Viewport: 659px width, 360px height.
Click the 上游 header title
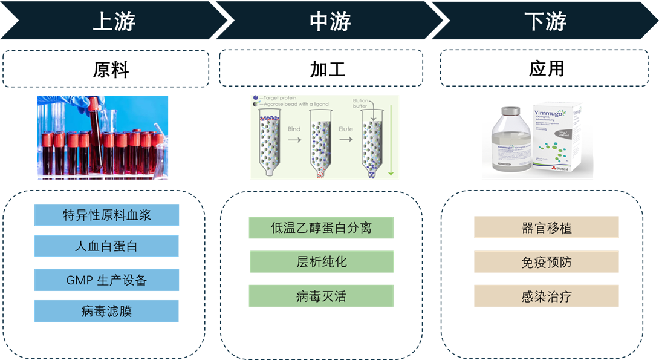pyautogui.click(x=114, y=21)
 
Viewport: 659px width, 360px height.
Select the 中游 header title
pyautogui.click(x=330, y=21)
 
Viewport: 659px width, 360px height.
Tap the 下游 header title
pyautogui.click(x=545, y=21)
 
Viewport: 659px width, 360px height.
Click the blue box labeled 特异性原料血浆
pyautogui.click(x=106, y=215)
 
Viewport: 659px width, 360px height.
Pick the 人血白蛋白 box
pyautogui.click(x=106, y=246)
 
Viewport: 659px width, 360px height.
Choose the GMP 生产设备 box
pyautogui.click(x=106, y=280)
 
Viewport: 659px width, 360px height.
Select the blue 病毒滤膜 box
pyautogui.click(x=106, y=311)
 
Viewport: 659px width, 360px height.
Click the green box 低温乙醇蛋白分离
pyautogui.click(x=321, y=227)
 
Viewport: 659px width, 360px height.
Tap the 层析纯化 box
pyautogui.click(x=322, y=261)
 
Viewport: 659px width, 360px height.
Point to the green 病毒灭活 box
pyautogui.click(x=321, y=296)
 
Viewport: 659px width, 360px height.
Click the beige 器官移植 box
pyautogui.click(x=547, y=227)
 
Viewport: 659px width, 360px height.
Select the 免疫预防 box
pyautogui.click(x=547, y=261)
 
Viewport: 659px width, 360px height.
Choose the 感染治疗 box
pyautogui.click(x=547, y=296)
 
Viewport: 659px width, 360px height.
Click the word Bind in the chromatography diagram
pyautogui.click(x=294, y=129)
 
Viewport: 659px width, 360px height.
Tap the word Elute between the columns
pyautogui.click(x=345, y=129)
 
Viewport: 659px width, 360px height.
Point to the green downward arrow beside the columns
pyautogui.click(x=391, y=139)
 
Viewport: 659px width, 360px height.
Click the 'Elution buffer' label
pyautogui.click(x=361, y=103)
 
